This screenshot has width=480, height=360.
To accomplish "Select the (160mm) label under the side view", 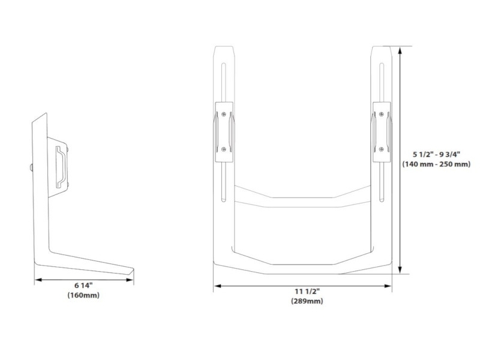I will point(83,296).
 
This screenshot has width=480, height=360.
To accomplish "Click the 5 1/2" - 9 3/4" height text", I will point(437,154).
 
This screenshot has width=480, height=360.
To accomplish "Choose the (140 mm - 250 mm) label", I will point(437,164).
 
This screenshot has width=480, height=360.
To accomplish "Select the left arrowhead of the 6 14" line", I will point(37,279).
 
